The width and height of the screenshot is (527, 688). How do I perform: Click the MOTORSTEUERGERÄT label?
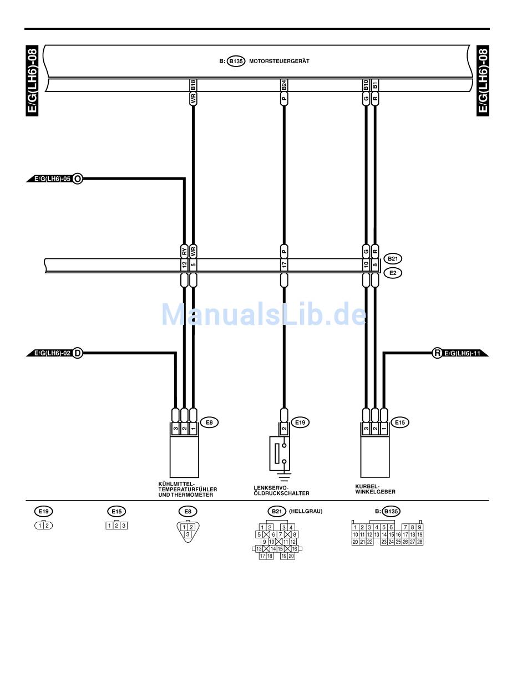(x=279, y=62)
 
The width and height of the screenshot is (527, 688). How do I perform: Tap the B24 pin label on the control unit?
(x=284, y=85)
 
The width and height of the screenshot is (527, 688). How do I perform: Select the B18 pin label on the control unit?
(x=193, y=85)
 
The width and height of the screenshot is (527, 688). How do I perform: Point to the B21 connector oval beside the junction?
(x=393, y=258)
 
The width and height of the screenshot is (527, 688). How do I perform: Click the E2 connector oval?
(x=393, y=273)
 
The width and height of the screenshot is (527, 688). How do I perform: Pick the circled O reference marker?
(x=78, y=179)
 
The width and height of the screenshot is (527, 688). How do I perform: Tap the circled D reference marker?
(x=78, y=353)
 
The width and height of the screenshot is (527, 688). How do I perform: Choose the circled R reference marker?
(x=437, y=353)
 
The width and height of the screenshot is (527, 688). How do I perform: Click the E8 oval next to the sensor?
(x=209, y=422)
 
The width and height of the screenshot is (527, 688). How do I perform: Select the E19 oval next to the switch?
(x=300, y=422)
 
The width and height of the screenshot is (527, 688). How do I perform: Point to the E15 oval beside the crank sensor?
(x=399, y=422)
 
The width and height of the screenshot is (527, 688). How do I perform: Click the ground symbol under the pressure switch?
(x=284, y=476)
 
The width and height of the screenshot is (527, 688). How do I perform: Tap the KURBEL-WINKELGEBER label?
(x=376, y=488)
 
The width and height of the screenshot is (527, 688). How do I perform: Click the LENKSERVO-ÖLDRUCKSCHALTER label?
(x=281, y=490)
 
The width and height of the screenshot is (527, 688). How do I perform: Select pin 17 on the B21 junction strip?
(x=284, y=266)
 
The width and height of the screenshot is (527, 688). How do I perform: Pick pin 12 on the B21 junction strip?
(x=184, y=266)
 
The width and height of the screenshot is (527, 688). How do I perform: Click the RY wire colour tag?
(x=184, y=250)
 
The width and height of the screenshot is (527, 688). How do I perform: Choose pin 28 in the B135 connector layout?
(x=420, y=542)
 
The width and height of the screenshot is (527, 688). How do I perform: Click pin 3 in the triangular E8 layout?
(x=188, y=534)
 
